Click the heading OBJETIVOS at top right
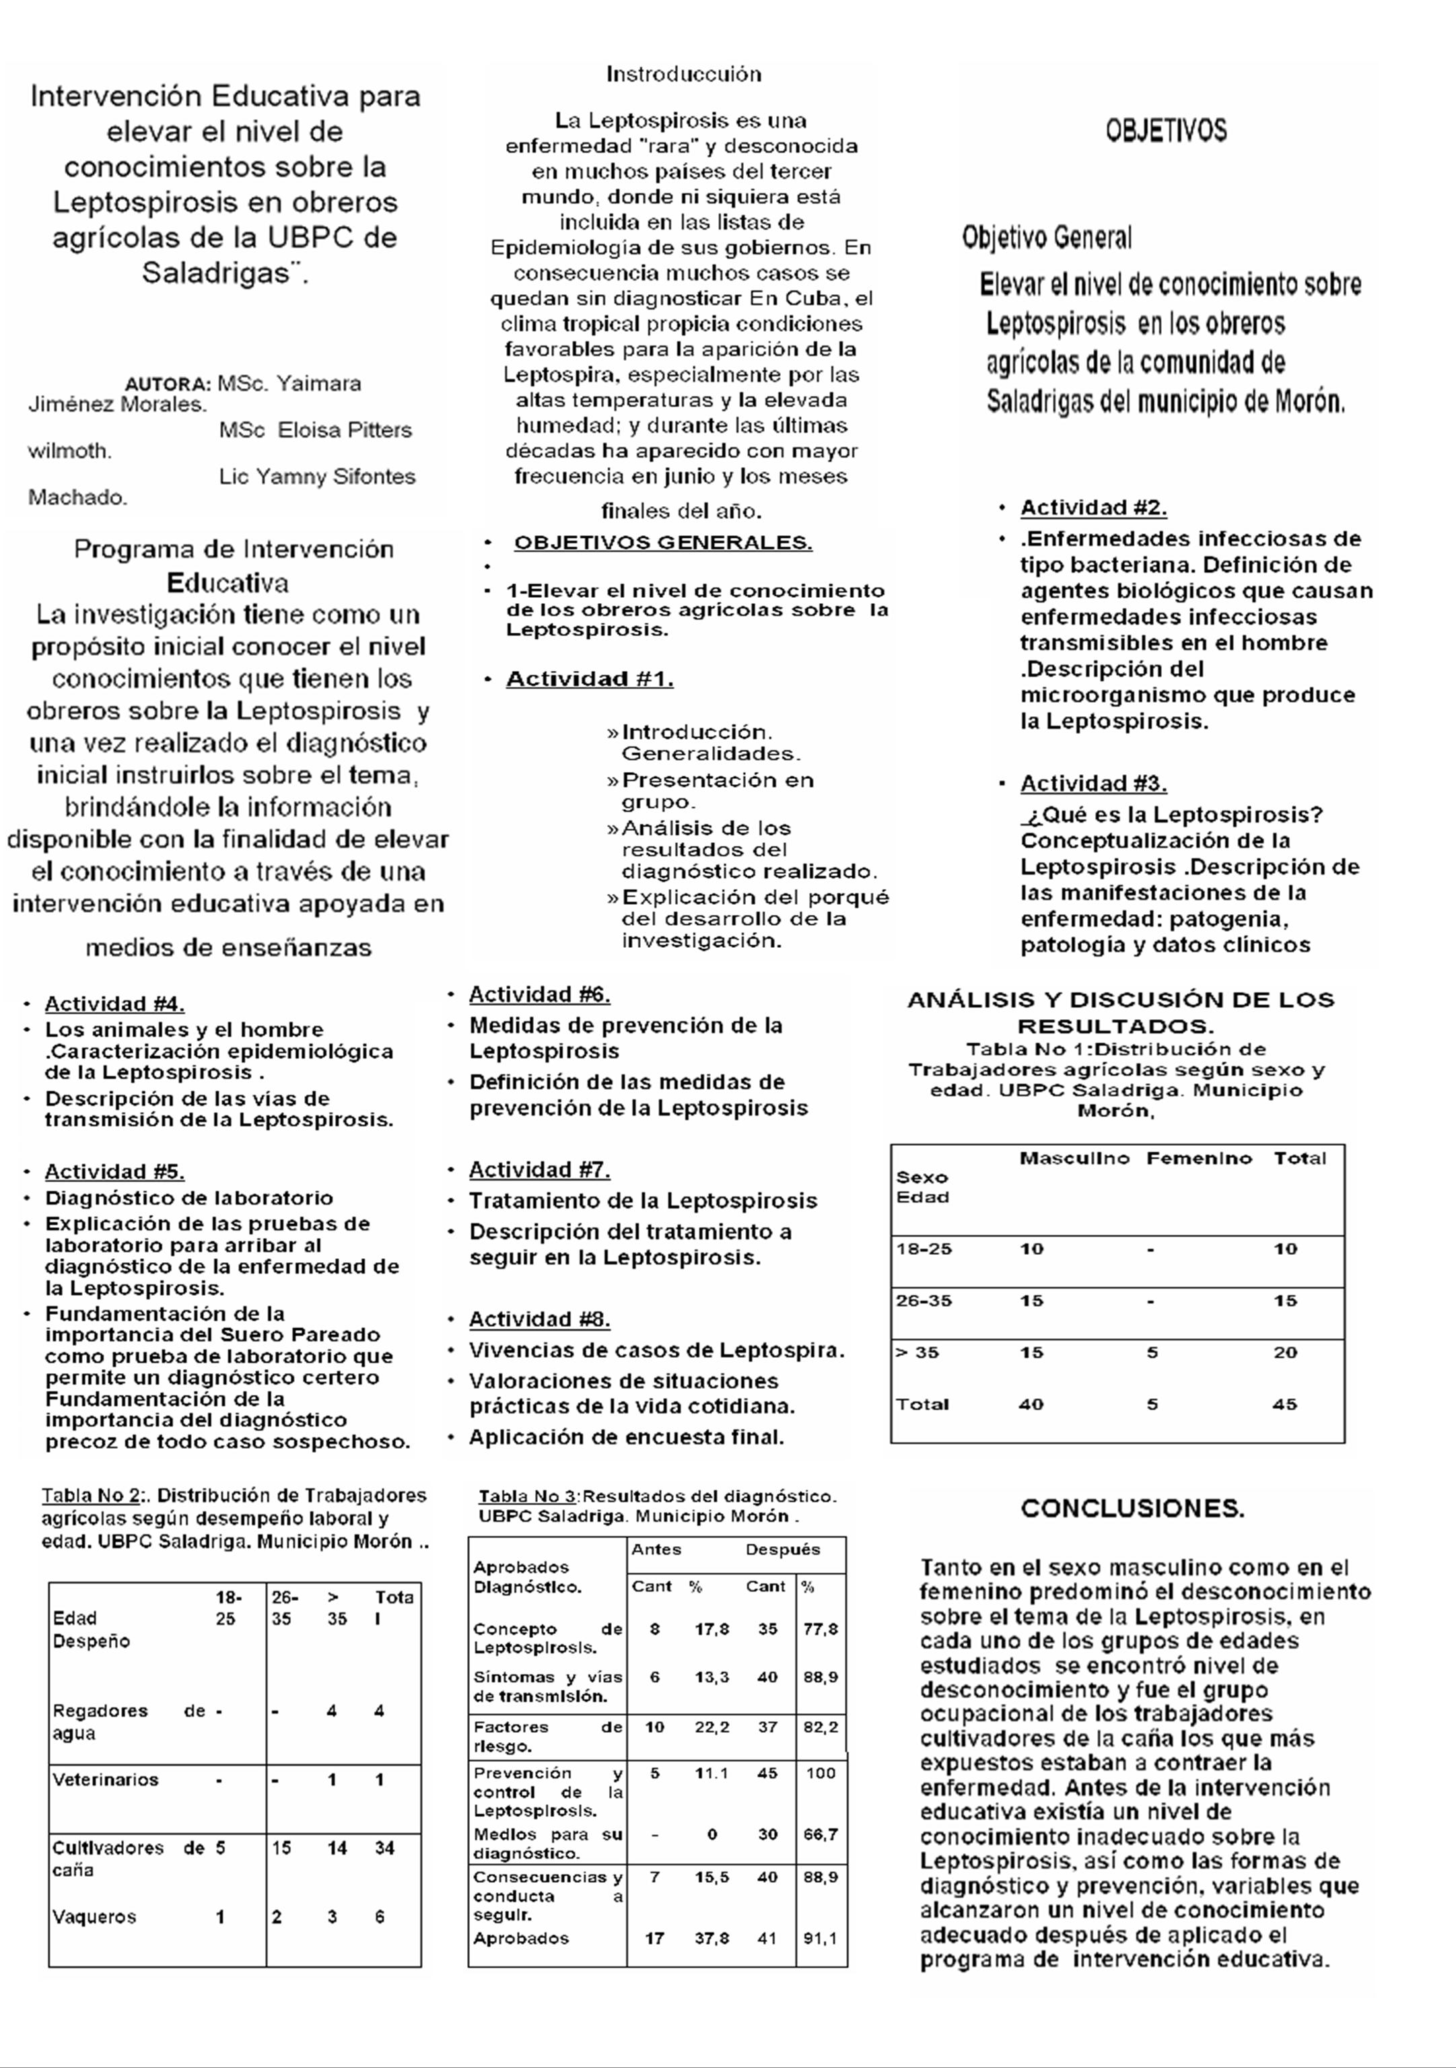coord(1165,131)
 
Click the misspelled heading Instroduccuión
coord(683,75)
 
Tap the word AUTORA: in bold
coord(168,384)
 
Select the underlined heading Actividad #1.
coord(590,679)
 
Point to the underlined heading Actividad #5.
coord(114,1172)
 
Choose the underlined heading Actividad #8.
coord(539,1319)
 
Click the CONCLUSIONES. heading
coord(1132,1509)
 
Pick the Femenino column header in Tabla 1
coord(1198,1159)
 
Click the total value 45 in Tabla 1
coord(1285,1404)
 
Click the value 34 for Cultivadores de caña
coord(384,1849)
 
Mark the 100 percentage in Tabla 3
coord(821,1773)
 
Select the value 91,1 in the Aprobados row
coord(821,1938)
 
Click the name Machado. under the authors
coord(78,498)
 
